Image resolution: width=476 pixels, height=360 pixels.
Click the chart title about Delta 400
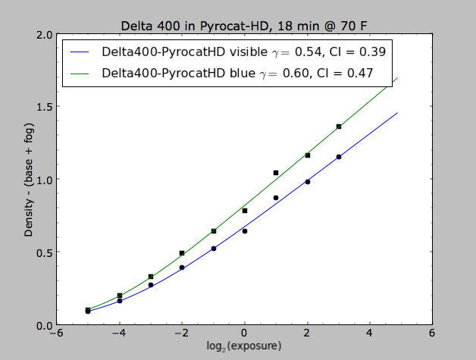pos(237,25)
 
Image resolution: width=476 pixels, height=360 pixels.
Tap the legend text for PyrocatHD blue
pos(239,74)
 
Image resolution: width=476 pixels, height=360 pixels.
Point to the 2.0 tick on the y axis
pos(44,35)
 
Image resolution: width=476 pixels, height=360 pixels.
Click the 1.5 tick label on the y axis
pos(44,107)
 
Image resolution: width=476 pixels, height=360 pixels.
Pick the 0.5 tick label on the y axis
pos(44,252)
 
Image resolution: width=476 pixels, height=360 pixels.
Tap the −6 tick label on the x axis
pos(55,334)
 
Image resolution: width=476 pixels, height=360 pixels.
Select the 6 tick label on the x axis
pos(432,334)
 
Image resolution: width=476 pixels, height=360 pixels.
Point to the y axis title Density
pos(29,180)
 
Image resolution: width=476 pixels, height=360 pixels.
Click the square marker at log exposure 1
pos(276,173)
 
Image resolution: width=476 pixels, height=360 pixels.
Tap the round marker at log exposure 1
pos(276,198)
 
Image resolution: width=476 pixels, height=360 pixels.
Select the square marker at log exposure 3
pos(339,127)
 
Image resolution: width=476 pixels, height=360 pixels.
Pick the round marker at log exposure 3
pos(339,157)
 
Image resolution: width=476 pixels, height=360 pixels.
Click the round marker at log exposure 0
pos(245,231)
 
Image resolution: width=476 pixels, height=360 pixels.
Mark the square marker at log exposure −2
pos(182,253)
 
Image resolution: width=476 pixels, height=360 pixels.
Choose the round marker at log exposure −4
pos(120,301)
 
